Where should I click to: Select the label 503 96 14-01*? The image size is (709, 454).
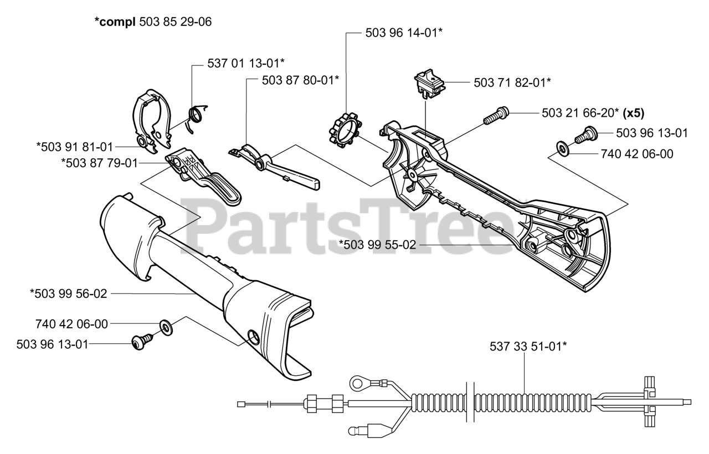coord(404,33)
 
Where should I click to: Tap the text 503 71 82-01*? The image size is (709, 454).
coord(512,82)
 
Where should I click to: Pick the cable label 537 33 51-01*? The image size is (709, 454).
coord(528,347)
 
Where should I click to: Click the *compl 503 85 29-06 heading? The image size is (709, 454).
coord(153,22)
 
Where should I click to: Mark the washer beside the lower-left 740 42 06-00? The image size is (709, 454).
coord(165,327)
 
